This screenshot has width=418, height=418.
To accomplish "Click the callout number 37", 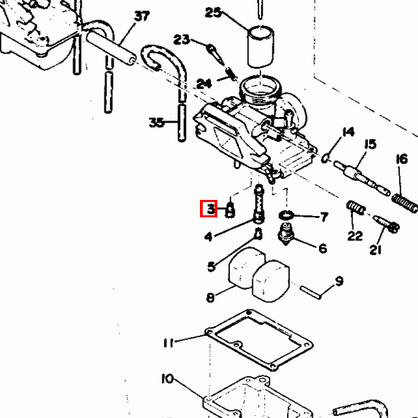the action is point(142,16).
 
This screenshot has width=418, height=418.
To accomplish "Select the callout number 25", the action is point(213,13).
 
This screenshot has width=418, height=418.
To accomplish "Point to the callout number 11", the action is point(168,343).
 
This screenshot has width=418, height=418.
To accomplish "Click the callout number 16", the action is point(402,159).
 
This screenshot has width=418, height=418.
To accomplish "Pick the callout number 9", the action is point(339,281).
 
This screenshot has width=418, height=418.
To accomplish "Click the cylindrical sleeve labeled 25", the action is point(261,47).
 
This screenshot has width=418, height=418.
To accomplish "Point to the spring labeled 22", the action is point(356,208).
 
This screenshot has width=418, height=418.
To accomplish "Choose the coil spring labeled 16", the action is point(405,202).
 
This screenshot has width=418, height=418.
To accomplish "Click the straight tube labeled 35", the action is point(182,123).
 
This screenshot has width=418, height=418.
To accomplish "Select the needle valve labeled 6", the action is point(286,234).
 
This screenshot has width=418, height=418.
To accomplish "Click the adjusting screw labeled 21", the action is point(386,223).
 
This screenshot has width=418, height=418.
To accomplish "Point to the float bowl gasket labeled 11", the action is point(258,340).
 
